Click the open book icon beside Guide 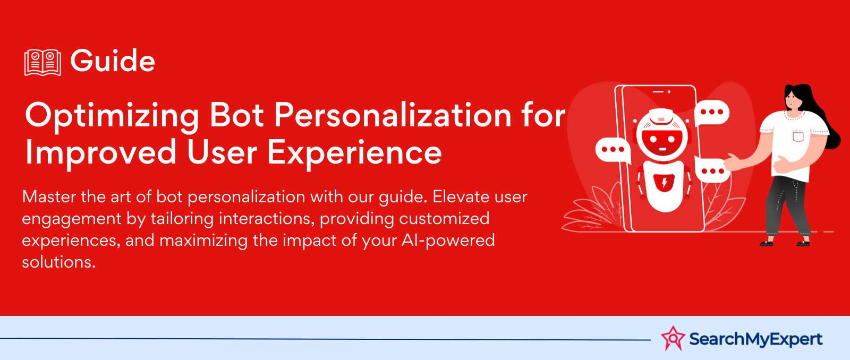point(42,62)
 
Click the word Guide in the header point(113,61)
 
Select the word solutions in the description point(59,262)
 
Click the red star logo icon point(673,338)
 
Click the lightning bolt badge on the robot point(664,183)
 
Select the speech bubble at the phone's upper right point(711,113)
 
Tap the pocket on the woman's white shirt point(798,136)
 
